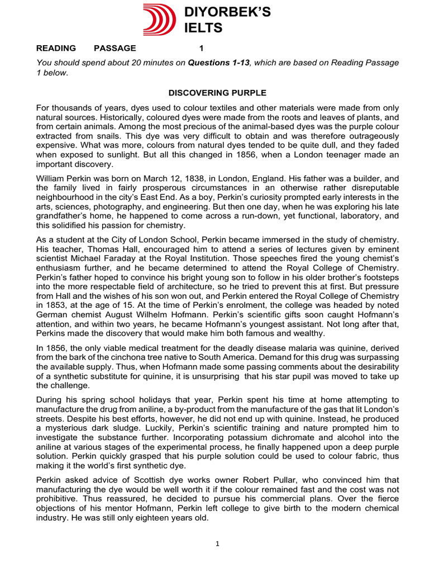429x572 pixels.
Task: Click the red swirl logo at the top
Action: (159, 19)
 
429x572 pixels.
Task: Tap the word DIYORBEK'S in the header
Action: (227, 13)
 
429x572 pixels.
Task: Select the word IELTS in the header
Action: (203, 28)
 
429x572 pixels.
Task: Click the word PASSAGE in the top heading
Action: (115, 48)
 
